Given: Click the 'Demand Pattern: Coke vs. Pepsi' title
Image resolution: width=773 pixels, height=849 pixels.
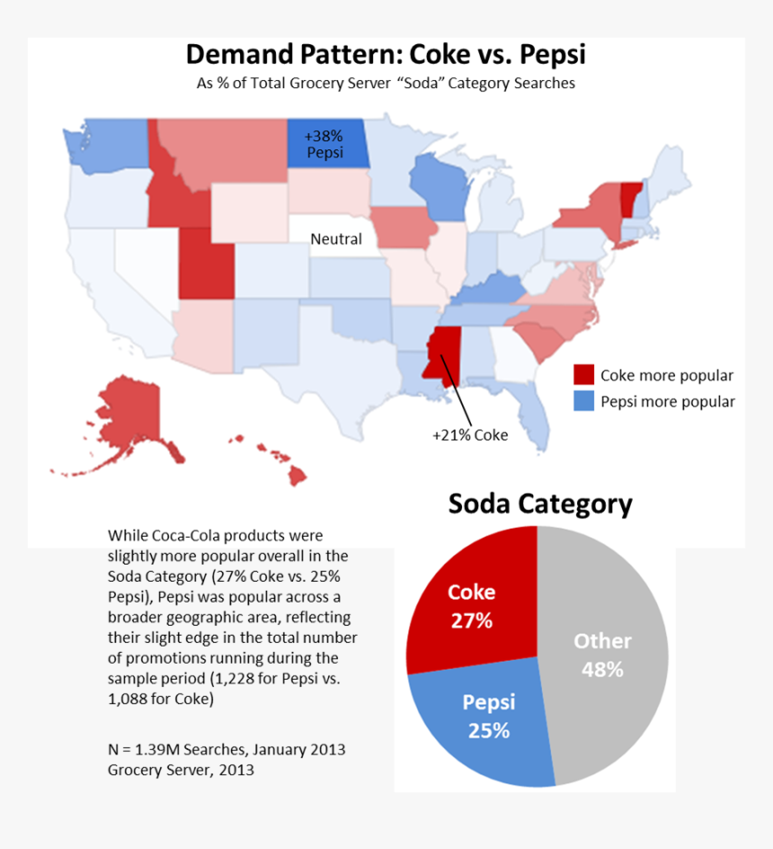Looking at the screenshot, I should coord(386,54).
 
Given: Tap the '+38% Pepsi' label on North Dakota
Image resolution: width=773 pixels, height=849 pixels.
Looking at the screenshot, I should coord(324,144).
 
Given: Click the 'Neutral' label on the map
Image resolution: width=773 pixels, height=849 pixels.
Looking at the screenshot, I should coord(336,239).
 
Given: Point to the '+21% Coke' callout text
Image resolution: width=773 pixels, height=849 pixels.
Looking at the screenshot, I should coord(470,435).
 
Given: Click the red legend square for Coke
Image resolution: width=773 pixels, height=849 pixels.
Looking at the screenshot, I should coord(584,375).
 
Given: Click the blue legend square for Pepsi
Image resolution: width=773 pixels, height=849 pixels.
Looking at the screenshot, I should coord(584,401).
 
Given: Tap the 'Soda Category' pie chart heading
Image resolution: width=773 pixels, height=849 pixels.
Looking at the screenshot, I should coord(540,505).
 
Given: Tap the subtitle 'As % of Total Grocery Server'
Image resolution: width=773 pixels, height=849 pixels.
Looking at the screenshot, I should coord(386,84).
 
